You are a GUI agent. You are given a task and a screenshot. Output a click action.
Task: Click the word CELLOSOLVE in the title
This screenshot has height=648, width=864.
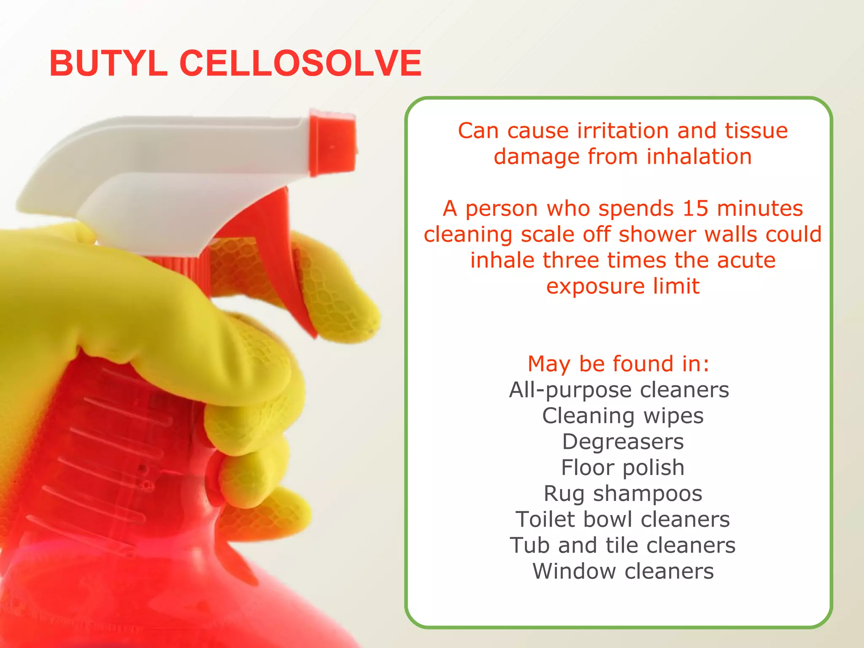[x=300, y=63]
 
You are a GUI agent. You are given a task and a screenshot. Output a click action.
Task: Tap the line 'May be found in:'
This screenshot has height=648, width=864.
[x=618, y=364]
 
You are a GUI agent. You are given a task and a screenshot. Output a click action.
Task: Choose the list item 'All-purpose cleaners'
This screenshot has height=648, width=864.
[x=619, y=390]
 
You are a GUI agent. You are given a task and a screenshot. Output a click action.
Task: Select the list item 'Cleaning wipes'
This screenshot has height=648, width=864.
[x=623, y=416]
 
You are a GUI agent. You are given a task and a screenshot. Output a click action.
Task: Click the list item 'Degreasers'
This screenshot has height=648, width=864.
[x=623, y=442]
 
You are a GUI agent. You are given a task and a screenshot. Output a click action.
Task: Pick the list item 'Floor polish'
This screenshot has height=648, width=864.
[x=623, y=468]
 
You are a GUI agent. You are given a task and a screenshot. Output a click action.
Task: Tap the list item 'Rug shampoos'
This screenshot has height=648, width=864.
[x=623, y=494]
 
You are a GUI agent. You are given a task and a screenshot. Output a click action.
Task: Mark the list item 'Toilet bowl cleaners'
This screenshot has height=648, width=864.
[x=623, y=519]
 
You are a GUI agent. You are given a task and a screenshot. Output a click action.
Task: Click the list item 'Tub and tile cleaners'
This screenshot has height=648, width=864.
[x=623, y=545]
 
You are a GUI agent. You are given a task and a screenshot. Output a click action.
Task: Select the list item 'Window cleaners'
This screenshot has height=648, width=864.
[x=623, y=571]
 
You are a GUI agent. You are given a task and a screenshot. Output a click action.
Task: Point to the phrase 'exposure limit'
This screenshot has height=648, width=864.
[x=623, y=286]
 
